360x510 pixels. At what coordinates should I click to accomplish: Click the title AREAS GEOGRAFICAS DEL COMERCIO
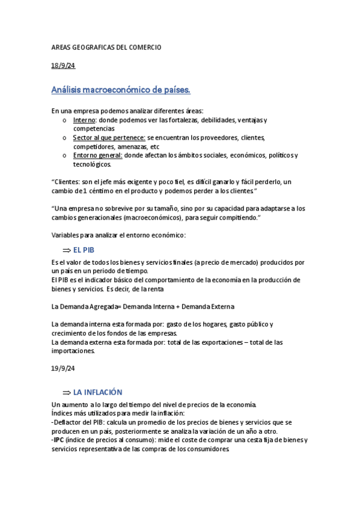(x=106, y=47)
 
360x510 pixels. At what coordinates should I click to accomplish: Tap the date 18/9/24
(x=63, y=66)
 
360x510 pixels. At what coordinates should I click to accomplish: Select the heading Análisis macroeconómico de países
(x=121, y=90)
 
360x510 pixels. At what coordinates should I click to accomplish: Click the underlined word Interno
(x=85, y=120)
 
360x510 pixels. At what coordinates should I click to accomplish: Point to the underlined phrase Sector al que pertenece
(x=109, y=138)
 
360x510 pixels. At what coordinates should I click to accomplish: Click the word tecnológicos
(x=92, y=164)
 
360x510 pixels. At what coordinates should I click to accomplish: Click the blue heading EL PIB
(x=84, y=250)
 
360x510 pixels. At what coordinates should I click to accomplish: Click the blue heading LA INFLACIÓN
(x=97, y=392)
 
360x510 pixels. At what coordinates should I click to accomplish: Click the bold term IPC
(x=58, y=440)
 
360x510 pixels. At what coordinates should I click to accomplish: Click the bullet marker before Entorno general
(x=64, y=156)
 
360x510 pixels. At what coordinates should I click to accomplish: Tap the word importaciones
(x=73, y=351)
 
